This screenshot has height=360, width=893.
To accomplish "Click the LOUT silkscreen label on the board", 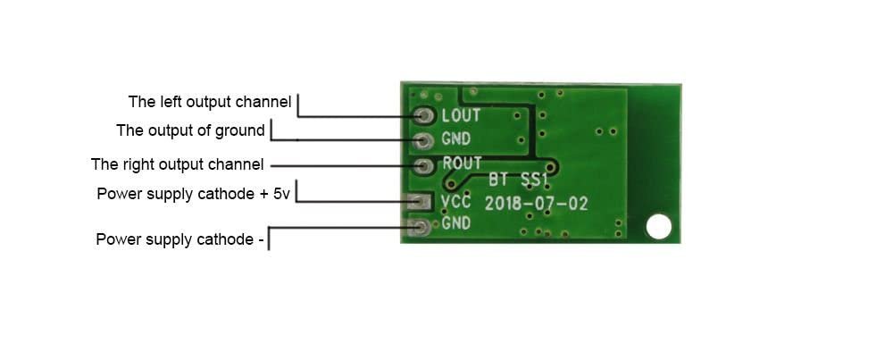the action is tap(461, 115).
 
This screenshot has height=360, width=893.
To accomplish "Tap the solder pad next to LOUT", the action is tap(424, 115).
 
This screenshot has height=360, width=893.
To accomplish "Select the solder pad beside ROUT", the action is tap(423, 166).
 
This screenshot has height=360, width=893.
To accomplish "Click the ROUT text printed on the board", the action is tap(462, 163).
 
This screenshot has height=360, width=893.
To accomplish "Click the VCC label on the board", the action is tap(456, 201).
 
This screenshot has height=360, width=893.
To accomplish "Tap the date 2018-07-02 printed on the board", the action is tap(536, 204).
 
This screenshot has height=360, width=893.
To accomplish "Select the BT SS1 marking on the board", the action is tap(518, 180).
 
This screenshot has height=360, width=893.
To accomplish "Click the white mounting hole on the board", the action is tap(658, 226).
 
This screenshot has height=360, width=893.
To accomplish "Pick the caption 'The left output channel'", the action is tap(210, 102).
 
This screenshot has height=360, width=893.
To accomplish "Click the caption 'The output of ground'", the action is tap(191, 130).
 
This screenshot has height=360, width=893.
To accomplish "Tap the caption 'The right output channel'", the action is tap(177, 164).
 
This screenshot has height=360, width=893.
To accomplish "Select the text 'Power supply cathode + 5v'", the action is tap(193, 194).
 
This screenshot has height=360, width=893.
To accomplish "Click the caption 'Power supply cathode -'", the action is tap(179, 239).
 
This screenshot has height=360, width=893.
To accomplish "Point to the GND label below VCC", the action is tap(456, 223).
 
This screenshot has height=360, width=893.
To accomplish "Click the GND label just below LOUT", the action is tap(456, 138).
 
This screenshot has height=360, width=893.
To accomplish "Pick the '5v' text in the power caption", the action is tap(281, 194).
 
